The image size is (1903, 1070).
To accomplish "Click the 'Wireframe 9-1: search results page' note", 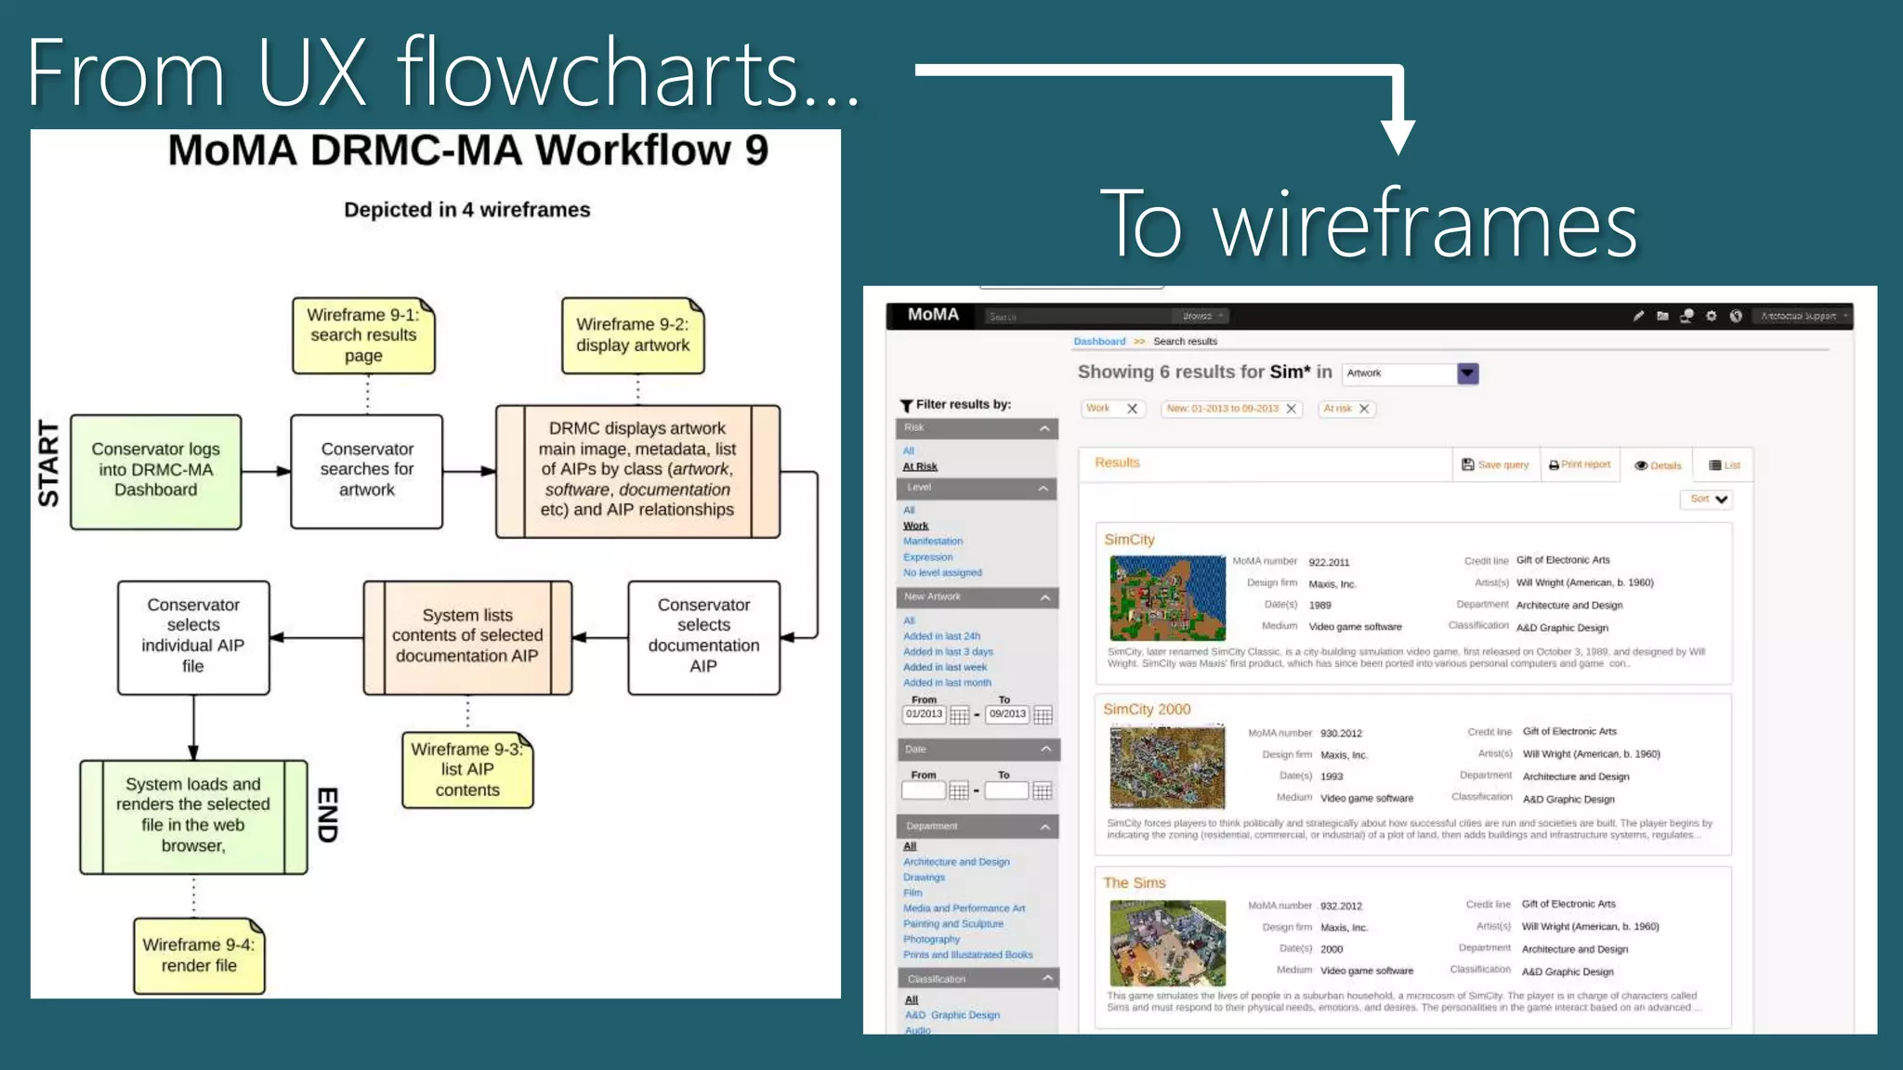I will point(363,335).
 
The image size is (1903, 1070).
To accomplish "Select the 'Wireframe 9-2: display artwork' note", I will point(633,335).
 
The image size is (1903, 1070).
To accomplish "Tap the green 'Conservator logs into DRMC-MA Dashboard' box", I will point(156,471).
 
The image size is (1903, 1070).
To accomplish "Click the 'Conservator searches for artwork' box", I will point(367,471).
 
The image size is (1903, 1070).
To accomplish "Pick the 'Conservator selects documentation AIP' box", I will point(703,636).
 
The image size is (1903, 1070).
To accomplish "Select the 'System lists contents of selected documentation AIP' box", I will point(467,636).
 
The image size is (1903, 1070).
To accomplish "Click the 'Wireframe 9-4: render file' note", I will point(199,956).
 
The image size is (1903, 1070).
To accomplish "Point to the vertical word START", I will point(48,463).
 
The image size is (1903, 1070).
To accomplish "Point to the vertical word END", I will point(327,815).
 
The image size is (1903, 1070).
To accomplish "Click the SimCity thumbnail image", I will point(1167,597).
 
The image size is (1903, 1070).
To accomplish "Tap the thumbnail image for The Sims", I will point(1167,942).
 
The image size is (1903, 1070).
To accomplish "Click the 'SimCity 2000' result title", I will point(1147,710).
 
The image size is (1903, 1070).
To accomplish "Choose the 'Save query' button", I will point(1495,464).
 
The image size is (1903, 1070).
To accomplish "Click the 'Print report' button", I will point(1580,464).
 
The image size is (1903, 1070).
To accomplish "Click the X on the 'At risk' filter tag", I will point(1364,409).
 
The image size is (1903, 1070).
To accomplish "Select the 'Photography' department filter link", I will point(931,939).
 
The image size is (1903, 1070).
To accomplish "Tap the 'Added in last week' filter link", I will point(945,667).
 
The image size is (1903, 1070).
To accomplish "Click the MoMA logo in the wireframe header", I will point(933,315).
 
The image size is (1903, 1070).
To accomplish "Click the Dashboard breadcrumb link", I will point(1099,342).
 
